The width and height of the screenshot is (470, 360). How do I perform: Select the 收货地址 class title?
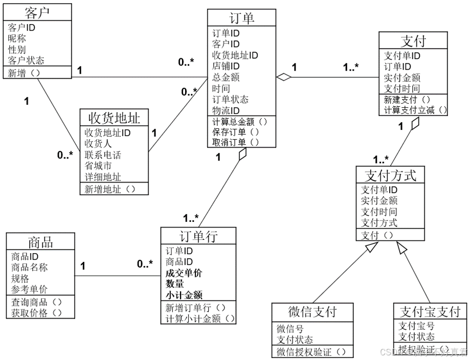(114, 119)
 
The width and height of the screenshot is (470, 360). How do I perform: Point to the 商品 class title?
(40, 241)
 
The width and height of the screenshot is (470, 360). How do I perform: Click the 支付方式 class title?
(391, 176)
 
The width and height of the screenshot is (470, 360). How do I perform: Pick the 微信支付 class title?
(312, 311)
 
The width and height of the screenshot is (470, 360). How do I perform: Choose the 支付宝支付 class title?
(430, 311)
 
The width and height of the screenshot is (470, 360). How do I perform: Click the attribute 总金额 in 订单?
(226, 78)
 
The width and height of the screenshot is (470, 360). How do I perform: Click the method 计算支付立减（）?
(416, 110)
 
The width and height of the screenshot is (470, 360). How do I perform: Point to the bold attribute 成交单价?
(184, 273)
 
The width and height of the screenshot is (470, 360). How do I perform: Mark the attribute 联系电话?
(103, 155)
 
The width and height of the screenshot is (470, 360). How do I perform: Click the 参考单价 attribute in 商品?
(30, 289)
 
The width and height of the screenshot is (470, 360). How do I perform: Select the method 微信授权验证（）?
(308, 352)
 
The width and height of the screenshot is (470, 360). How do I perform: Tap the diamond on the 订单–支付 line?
(283, 77)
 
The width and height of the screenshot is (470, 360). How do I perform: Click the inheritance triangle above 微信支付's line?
(372, 248)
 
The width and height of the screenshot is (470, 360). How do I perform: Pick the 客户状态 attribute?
(26, 60)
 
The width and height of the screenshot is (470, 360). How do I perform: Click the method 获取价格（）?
(36, 312)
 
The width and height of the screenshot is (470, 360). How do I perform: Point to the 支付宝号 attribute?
(417, 326)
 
